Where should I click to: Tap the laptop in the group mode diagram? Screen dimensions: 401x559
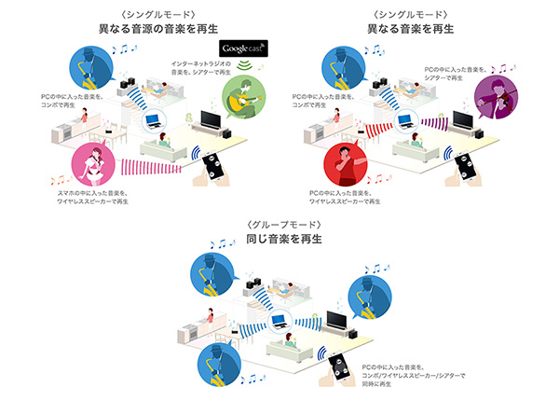tap(277, 322)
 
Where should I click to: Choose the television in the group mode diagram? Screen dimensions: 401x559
tap(337, 320)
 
